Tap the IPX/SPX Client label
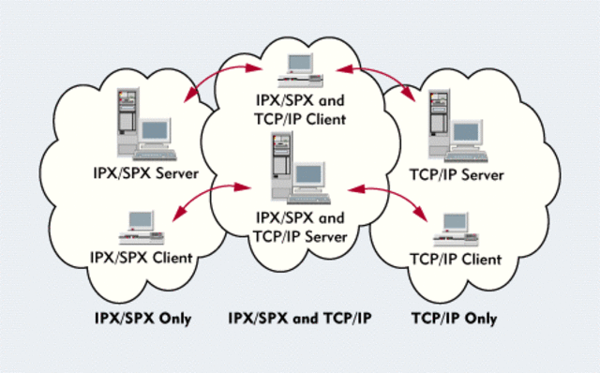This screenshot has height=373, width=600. (x=142, y=257)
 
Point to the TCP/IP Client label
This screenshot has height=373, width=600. (x=457, y=258)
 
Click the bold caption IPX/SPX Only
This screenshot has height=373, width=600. (x=143, y=319)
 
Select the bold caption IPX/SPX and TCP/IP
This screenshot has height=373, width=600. (x=300, y=319)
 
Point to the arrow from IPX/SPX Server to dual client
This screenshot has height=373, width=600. (x=217, y=82)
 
